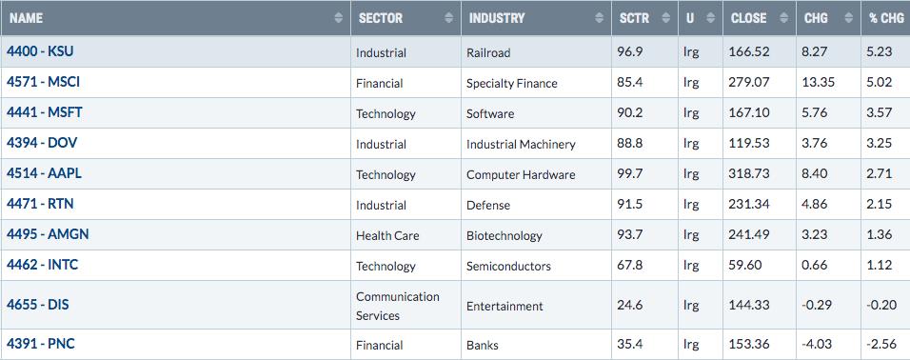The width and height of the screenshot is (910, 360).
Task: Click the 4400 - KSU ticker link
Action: coord(40,51)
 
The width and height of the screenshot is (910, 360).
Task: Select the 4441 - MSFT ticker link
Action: coord(44,112)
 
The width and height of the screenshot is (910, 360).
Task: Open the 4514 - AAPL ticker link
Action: coord(44,173)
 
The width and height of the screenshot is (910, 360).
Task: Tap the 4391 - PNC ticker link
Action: coord(41,344)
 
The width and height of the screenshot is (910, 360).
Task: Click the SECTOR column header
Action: coord(380,18)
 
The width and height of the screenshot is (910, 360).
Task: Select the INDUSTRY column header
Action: coord(497,18)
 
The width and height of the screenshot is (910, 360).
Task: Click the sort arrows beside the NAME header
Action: coord(339,18)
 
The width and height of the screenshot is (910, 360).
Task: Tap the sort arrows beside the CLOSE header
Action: coord(784,18)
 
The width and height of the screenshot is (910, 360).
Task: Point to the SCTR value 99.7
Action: coord(630,174)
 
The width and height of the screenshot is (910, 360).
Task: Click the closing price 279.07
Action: coord(749,83)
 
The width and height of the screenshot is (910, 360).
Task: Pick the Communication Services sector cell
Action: coord(398,306)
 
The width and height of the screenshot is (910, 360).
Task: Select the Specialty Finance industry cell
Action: coord(511,84)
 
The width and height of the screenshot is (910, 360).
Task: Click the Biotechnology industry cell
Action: coord(504,236)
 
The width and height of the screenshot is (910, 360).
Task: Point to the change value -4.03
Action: coord(819,344)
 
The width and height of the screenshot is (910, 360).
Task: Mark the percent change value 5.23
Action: coord(880,51)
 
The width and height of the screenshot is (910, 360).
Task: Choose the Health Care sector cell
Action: coord(387,236)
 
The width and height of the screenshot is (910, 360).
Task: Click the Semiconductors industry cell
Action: coord(508,266)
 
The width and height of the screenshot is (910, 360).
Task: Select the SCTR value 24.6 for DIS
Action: coord(630,305)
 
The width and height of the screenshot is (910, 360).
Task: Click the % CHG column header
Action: coord(886,18)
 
